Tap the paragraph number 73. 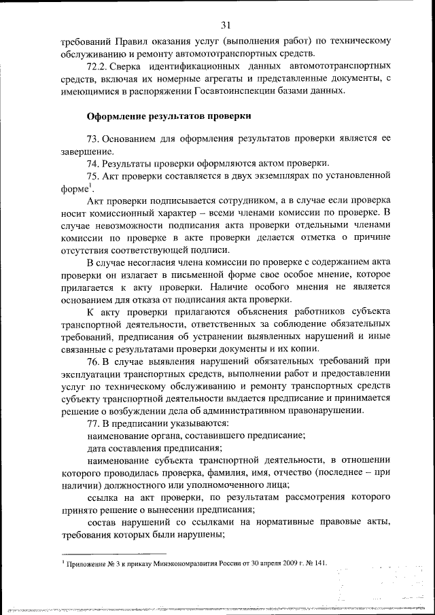94,139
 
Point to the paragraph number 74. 94,163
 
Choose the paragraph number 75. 94,176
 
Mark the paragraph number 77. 94,423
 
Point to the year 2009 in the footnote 276,563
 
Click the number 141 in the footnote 318,563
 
